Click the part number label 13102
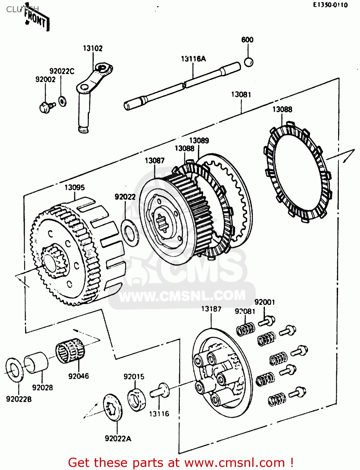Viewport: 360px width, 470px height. (x=93, y=48)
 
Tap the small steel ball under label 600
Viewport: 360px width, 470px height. (x=248, y=62)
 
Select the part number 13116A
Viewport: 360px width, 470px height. (x=193, y=59)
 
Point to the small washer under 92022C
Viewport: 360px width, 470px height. (x=62, y=101)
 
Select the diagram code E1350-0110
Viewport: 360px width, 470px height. (x=330, y=5)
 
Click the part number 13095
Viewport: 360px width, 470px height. (x=75, y=187)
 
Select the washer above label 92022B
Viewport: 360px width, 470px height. (x=14, y=369)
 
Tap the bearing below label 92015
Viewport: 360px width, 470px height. (x=137, y=399)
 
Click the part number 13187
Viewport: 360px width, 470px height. (x=211, y=309)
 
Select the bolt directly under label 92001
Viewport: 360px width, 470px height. (x=267, y=321)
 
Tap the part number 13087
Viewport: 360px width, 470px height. (x=154, y=160)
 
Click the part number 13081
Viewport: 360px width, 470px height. (x=241, y=94)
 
